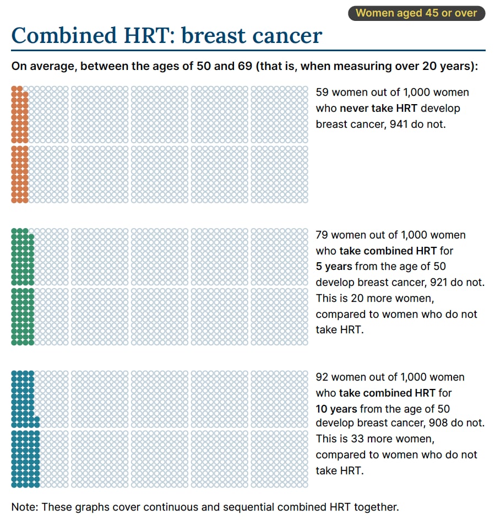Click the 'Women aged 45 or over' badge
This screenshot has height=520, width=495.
416,13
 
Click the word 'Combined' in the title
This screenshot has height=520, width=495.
55,35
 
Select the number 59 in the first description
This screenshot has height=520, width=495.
322,93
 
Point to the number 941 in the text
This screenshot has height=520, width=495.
399,124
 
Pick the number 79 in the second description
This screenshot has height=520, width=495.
322,235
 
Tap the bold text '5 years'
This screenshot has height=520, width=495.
334,267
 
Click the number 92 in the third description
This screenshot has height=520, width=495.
322,377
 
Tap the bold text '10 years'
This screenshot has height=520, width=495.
336,409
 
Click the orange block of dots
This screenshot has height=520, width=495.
19,144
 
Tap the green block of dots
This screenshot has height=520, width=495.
22,286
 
